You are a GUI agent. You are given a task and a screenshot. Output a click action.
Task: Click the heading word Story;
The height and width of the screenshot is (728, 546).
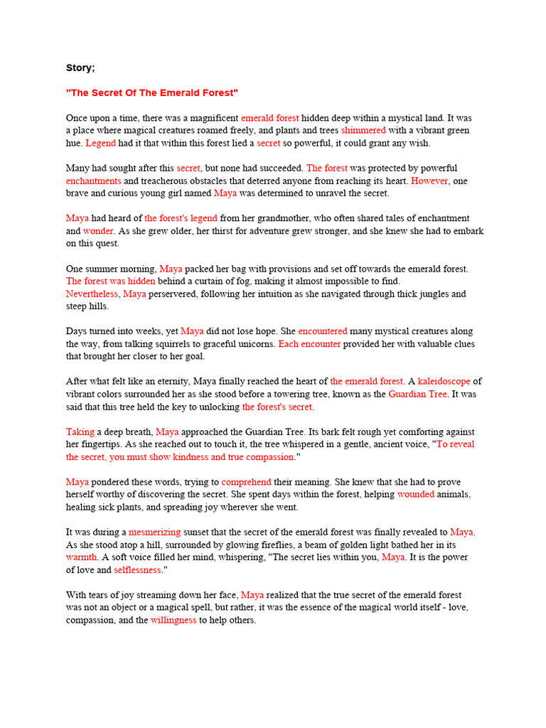coord(80,68)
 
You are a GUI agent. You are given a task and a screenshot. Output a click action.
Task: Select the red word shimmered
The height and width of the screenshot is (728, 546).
coord(363,131)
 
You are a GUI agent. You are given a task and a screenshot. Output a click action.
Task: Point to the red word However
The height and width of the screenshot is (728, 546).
coord(429,181)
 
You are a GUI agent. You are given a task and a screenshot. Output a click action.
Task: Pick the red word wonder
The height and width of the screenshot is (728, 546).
coord(98,231)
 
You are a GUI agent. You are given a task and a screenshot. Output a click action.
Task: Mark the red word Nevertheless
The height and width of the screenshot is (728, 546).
coord(93,294)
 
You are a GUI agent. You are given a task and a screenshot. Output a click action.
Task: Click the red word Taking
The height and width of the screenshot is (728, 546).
coord(80,432)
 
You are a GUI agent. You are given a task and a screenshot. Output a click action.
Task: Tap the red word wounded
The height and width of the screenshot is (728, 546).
coord(415,494)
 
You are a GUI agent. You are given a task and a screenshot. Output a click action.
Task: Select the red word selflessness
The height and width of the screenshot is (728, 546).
coord(138,570)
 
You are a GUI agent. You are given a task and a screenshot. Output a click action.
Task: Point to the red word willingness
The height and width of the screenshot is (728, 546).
coord(173,620)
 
